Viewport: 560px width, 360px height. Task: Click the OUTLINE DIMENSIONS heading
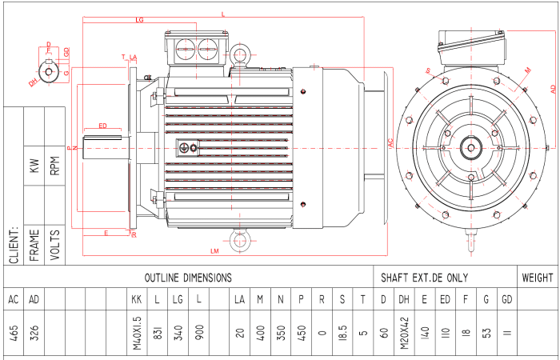click(x=188, y=278)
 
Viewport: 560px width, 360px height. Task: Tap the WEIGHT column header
click(x=537, y=278)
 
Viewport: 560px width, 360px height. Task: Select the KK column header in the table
click(x=136, y=299)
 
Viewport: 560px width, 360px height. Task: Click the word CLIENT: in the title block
click(x=14, y=243)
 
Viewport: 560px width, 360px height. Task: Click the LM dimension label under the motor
click(x=215, y=251)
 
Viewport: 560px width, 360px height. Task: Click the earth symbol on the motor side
click(x=185, y=147)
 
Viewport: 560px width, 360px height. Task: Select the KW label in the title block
click(x=34, y=166)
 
